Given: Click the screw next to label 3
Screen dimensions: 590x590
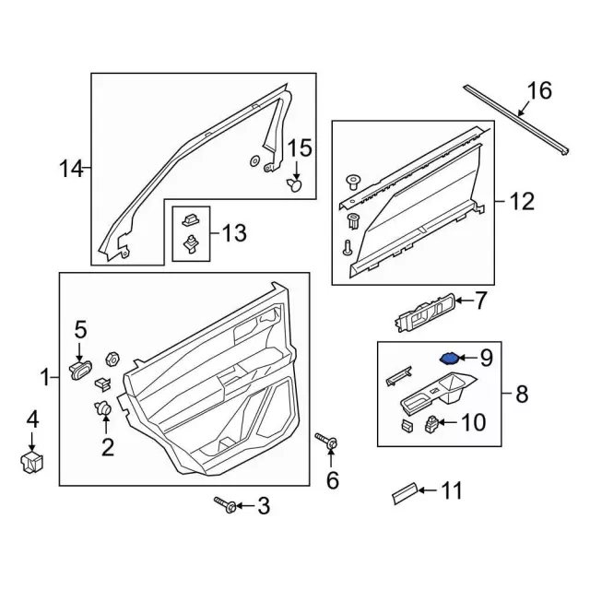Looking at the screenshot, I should pyautogui.click(x=226, y=504).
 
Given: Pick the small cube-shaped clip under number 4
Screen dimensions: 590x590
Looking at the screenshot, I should pyautogui.click(x=33, y=461).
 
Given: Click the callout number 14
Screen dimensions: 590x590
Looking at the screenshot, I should pyautogui.click(x=71, y=169).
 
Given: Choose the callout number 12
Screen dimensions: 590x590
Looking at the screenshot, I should pyautogui.click(x=522, y=200).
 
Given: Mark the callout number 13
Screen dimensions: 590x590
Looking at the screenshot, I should pyautogui.click(x=234, y=234).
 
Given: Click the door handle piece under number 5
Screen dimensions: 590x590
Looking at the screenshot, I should pyautogui.click(x=80, y=371).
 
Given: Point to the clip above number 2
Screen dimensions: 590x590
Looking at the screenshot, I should pyautogui.click(x=103, y=407).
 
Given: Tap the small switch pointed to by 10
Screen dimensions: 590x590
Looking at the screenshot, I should pyautogui.click(x=430, y=424).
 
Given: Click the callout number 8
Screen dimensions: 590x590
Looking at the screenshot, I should pyautogui.click(x=521, y=395).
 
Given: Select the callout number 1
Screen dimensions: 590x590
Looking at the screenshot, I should pyautogui.click(x=43, y=377).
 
